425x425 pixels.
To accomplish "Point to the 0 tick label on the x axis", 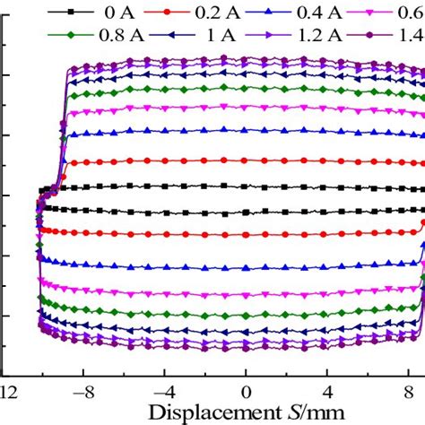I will (x=246, y=393).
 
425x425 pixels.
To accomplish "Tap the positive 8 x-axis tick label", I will (x=409, y=393).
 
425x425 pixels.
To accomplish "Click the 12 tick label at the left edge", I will (x=7, y=393).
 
